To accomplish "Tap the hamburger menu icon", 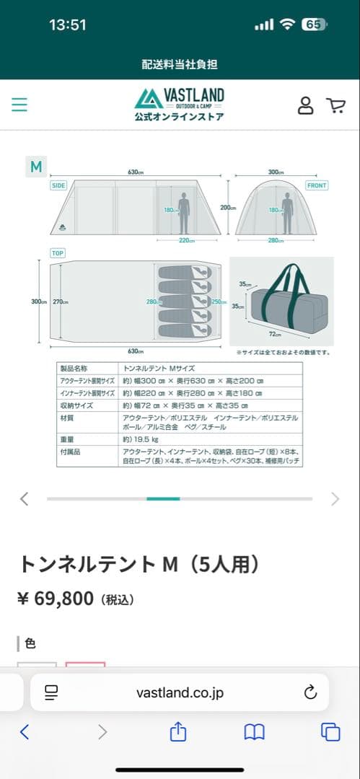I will (19, 105).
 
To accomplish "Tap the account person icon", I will (306, 105).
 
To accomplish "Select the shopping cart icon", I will (335, 105).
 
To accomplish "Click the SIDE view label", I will (58, 185).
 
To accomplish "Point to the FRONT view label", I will (316, 185).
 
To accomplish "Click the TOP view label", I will (57, 253).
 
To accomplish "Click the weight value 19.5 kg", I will (138, 438).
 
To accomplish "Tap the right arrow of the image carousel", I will (335, 498).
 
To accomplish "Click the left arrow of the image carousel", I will (25, 498).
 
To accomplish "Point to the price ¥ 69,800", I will (56, 599).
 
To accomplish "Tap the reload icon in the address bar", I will (310, 692).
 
